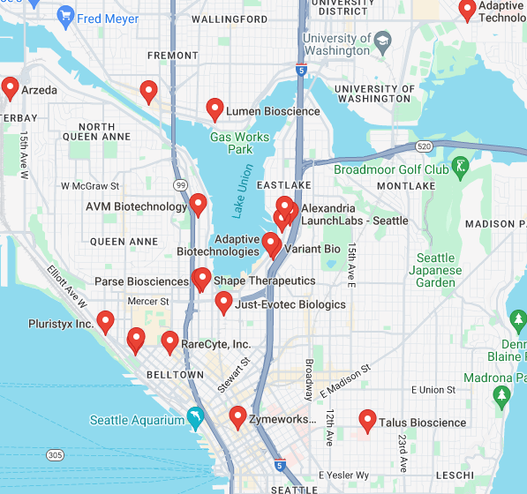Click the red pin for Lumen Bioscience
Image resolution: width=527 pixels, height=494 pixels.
[x=215, y=109]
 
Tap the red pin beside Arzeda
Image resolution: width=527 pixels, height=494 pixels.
[x=10, y=87]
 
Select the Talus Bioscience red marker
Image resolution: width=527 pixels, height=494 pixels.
[x=368, y=420]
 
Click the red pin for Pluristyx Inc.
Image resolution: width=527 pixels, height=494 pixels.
[x=106, y=321]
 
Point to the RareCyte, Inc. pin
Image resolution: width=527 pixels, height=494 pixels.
[x=169, y=341]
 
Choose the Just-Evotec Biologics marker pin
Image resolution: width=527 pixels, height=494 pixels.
[x=224, y=303]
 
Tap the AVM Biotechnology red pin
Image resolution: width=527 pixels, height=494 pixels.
[x=199, y=205]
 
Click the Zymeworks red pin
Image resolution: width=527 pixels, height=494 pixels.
[x=237, y=416]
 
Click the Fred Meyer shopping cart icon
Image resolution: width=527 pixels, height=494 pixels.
[x=65, y=14]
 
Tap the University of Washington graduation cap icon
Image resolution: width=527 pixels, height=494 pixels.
[x=382, y=41]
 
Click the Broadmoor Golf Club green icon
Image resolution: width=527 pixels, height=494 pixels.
[x=460, y=166]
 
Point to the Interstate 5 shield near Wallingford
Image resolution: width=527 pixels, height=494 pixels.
[x=302, y=70]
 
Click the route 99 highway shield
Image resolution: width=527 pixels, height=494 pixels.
[x=180, y=185]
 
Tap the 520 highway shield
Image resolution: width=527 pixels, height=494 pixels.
[x=425, y=146]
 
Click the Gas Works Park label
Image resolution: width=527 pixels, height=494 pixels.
[x=239, y=143]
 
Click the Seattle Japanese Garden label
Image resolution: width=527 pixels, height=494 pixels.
[x=437, y=270]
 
